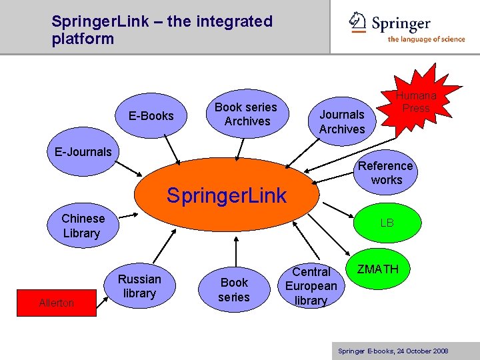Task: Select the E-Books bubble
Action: (151, 116)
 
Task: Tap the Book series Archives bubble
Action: (246, 114)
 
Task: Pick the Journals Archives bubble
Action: (342, 121)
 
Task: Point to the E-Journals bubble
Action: (83, 151)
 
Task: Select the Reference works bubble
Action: (386, 173)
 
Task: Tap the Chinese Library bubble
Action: (82, 226)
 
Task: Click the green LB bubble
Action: (387, 223)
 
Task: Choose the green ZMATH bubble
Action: (378, 270)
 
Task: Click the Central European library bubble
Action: (311, 286)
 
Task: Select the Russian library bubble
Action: (139, 286)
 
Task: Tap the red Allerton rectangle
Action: (57, 303)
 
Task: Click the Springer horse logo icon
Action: (358, 22)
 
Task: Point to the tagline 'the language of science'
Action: (426, 39)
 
